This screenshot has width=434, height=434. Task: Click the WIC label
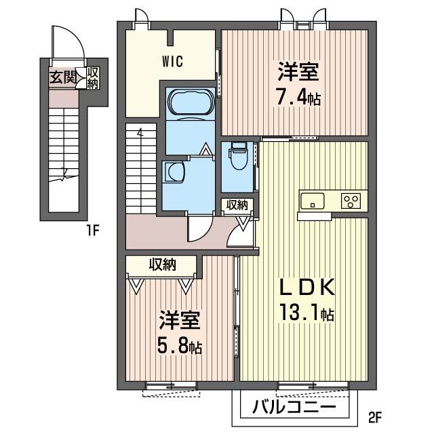click(x=172, y=62)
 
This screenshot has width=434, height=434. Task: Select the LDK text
click(x=307, y=287)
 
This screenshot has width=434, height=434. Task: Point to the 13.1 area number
click(x=300, y=312)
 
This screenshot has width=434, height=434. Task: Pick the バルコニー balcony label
click(x=294, y=407)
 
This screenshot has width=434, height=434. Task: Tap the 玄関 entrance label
click(x=63, y=77)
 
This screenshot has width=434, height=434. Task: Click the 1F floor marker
click(x=93, y=231)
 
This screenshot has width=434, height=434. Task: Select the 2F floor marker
click(x=375, y=418)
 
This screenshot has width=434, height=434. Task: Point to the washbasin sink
click(x=175, y=172)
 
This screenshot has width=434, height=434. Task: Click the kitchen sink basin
click(x=313, y=201)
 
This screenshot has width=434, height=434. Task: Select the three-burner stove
click(x=351, y=201)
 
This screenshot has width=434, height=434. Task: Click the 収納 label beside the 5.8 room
click(x=163, y=265)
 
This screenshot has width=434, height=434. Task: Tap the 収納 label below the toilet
click(x=237, y=205)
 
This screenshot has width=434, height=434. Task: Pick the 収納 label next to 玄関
click(x=92, y=78)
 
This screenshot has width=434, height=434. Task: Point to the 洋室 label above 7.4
click(x=298, y=72)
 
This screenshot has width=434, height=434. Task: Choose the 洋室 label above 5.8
click(x=179, y=321)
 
